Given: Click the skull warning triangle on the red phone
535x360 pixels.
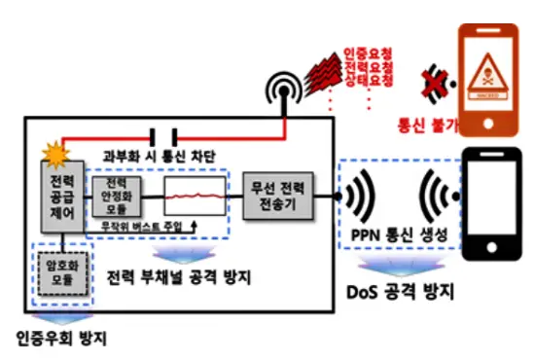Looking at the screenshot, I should pos(491,68).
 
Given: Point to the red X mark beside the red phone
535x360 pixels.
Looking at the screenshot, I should pos(432,82).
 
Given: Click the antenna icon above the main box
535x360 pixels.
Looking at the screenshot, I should pos(284,90).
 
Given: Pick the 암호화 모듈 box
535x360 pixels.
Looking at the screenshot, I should pos(61,272).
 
